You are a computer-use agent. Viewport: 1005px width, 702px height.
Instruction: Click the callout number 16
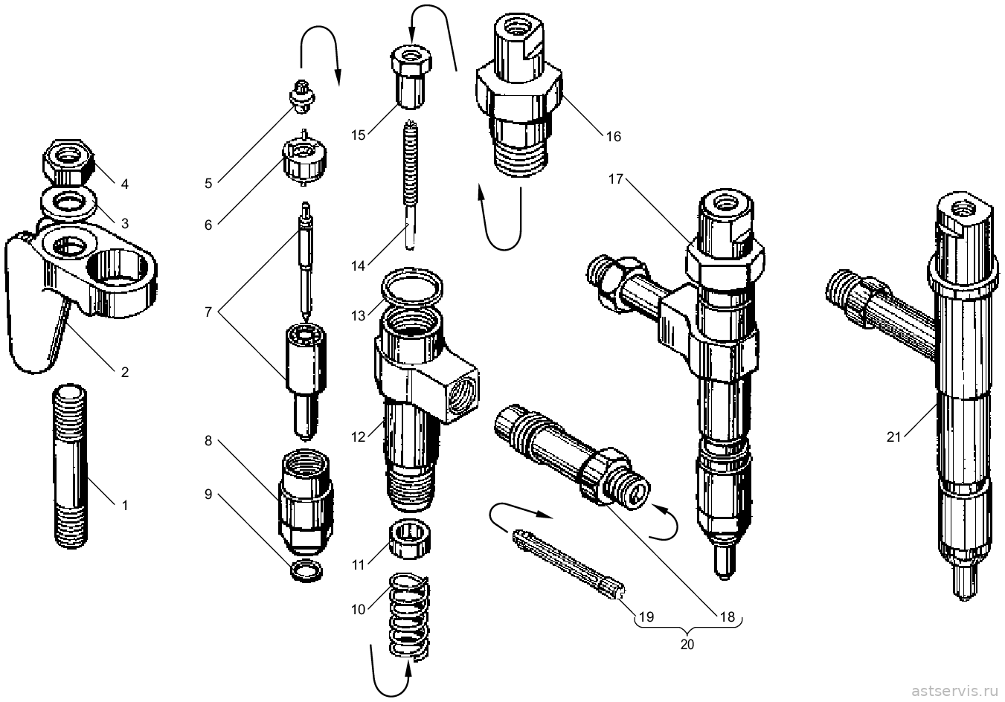click(613, 136)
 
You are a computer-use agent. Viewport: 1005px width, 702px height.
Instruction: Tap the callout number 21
click(893, 437)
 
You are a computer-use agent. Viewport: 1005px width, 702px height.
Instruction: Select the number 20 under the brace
click(687, 644)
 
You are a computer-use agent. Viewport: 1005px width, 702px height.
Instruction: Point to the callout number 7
click(208, 312)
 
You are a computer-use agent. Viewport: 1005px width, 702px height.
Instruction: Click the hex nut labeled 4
click(68, 162)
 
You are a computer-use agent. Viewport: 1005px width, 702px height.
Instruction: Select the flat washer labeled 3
click(68, 204)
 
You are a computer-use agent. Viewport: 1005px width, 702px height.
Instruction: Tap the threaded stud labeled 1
click(71, 466)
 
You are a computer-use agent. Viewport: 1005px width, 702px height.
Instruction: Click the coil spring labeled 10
click(409, 618)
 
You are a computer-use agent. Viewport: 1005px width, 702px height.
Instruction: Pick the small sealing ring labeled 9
click(307, 571)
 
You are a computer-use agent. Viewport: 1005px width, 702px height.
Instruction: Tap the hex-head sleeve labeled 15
click(410, 77)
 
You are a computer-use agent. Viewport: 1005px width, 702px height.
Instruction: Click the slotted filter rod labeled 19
click(569, 564)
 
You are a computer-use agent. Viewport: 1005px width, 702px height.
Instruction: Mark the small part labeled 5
click(302, 96)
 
